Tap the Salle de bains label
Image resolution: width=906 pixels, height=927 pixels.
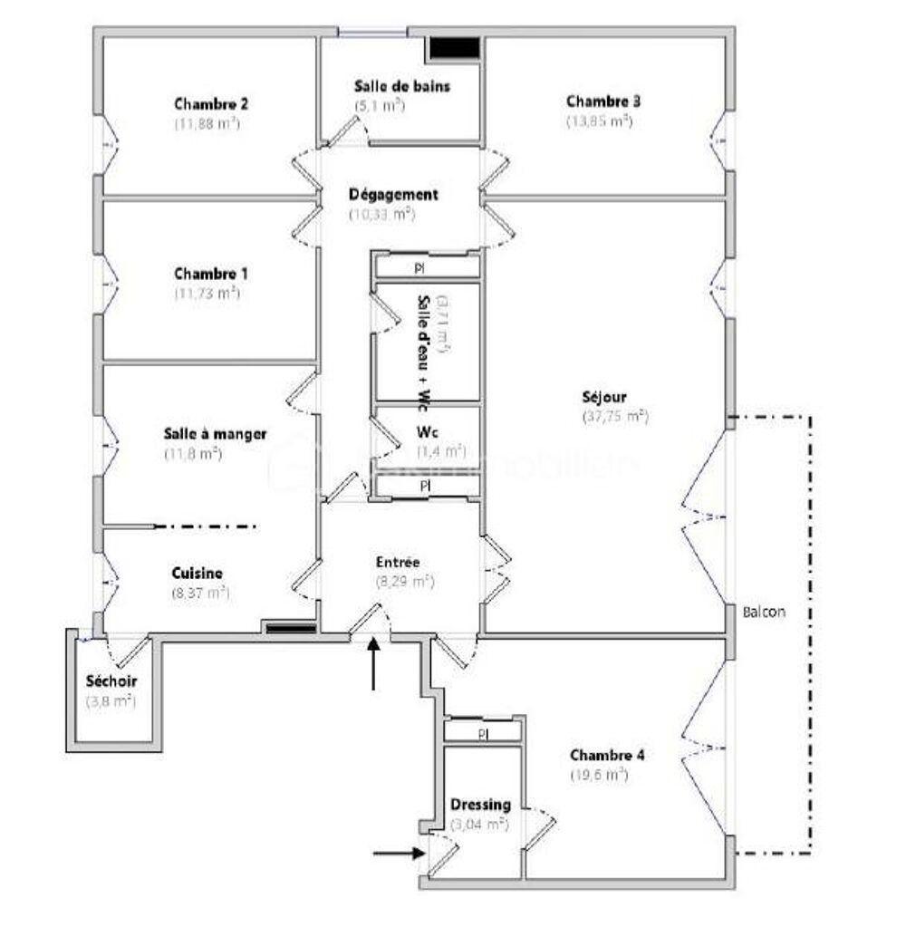(x=401, y=86)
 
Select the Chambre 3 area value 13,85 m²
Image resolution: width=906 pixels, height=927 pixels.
(x=599, y=121)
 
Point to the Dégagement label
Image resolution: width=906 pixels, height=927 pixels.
(x=393, y=195)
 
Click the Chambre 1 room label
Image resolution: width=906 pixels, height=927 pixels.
(x=211, y=274)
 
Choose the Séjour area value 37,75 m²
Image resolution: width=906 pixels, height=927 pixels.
(x=615, y=417)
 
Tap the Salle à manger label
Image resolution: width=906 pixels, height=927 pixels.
(x=215, y=434)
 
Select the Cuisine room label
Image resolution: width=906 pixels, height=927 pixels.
(x=198, y=574)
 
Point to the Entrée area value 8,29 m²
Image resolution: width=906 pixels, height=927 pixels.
(x=405, y=583)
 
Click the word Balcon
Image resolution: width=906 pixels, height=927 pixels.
(x=764, y=612)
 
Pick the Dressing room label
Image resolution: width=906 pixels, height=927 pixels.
(x=480, y=805)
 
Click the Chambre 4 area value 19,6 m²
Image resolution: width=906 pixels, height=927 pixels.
(x=598, y=775)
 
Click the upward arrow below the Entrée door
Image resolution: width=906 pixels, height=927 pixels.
(x=373, y=663)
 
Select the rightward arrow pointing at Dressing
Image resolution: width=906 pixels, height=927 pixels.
(x=399, y=852)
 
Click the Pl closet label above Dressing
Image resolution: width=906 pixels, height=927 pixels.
(x=483, y=733)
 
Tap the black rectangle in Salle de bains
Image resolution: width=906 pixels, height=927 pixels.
(x=454, y=48)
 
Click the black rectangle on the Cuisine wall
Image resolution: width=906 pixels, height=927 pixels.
(x=289, y=626)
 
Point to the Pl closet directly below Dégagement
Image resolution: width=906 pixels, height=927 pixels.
(x=419, y=269)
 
